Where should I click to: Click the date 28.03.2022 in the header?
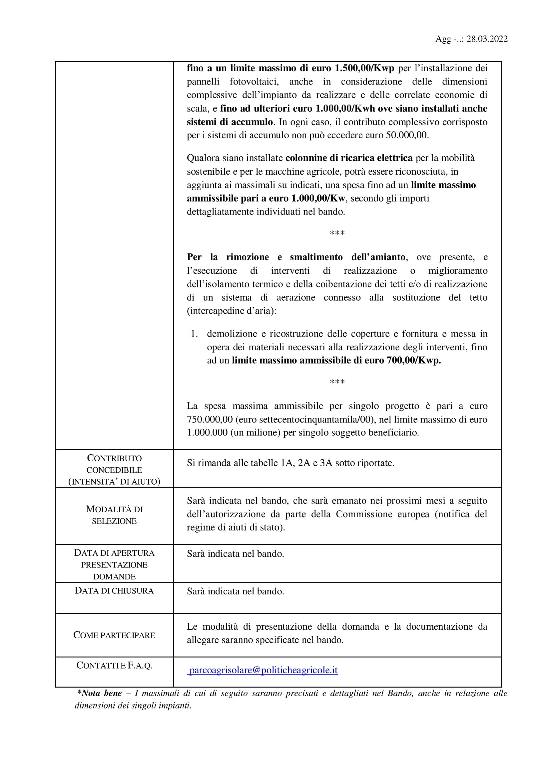pyautogui.click(x=487, y=39)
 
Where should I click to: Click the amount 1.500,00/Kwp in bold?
pyautogui.click(x=364, y=68)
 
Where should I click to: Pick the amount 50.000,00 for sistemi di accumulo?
pyautogui.click(x=407, y=135)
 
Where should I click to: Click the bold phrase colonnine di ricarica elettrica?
pyautogui.click(x=349, y=158)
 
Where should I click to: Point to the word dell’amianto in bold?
pyautogui.click(x=378, y=257)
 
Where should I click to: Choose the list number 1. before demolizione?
pyautogui.click(x=194, y=334)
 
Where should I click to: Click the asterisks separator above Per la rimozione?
pyautogui.click(x=337, y=233)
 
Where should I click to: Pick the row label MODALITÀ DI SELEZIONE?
pyautogui.click(x=114, y=515)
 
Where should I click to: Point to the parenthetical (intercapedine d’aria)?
pyautogui.click(x=232, y=311)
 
